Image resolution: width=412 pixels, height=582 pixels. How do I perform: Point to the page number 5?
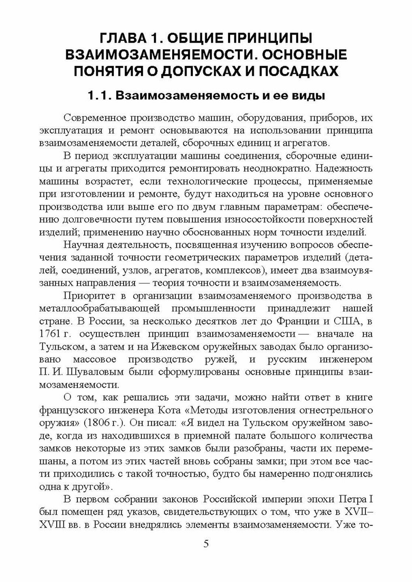coord(206,544)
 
